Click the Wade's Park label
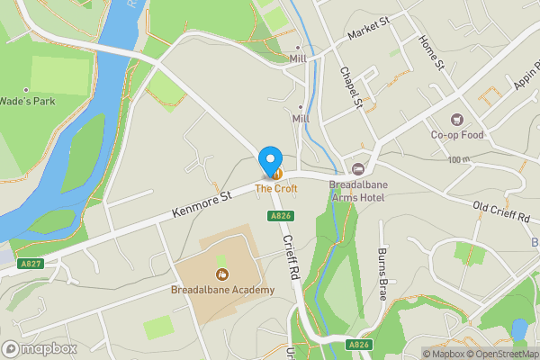tap(28, 102)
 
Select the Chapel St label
tap(349, 88)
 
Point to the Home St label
tap(432, 53)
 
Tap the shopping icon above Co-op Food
tap(456, 120)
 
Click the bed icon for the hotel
tap(358, 169)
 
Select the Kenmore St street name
tap(202, 206)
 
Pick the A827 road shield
tap(31, 263)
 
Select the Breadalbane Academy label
tap(221, 290)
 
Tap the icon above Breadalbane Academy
tap(221, 274)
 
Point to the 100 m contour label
tap(459, 159)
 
